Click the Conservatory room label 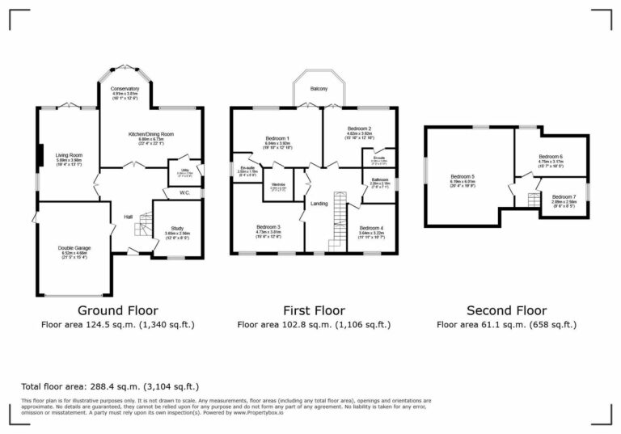(x=125, y=88)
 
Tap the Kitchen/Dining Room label (x=151, y=134)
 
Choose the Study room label (x=177, y=227)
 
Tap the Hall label (x=128, y=216)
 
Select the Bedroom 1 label (x=277, y=138)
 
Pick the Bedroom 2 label (x=359, y=129)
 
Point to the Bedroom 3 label (x=268, y=227)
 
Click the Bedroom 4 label (x=372, y=228)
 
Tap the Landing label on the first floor (x=319, y=204)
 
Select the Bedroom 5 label (x=463, y=176)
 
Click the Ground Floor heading (x=117, y=310)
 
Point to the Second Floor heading (x=506, y=310)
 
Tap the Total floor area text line (x=109, y=386)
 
